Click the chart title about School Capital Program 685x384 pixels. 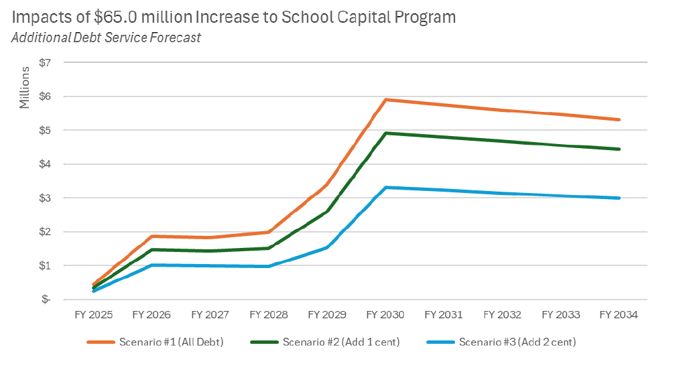coord(234,17)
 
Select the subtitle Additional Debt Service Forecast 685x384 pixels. coord(106,38)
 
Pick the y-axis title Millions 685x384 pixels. coord(25,87)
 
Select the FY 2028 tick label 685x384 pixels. coord(269,314)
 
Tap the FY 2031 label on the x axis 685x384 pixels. coord(444,314)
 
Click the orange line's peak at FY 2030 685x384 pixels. coord(386,100)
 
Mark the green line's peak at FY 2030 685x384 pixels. coord(386,133)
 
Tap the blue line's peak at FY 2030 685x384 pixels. coord(386,188)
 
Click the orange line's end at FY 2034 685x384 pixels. coord(619,120)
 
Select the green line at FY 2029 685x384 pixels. coord(328,211)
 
